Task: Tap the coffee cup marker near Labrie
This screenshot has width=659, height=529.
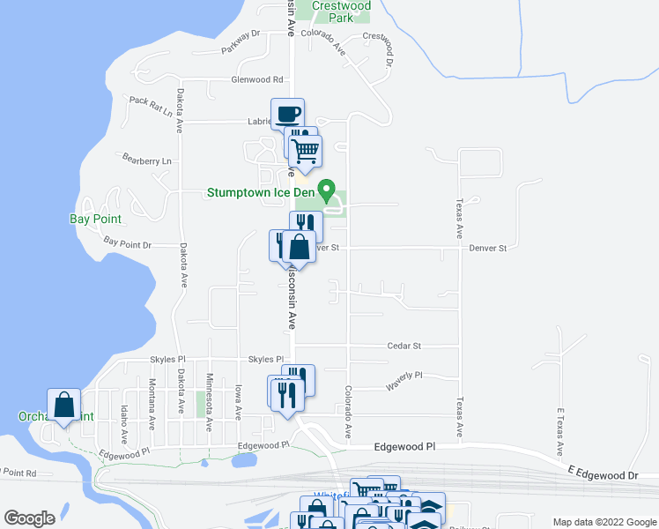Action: tap(287, 114)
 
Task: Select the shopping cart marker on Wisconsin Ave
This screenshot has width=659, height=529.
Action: tap(305, 151)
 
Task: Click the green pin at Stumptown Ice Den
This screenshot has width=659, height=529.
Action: tap(326, 190)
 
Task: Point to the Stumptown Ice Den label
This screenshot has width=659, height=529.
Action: tap(261, 192)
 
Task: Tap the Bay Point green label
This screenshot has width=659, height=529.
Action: tap(95, 218)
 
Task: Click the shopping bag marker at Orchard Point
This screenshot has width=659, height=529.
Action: tap(64, 406)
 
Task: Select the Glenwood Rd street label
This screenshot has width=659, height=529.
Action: tap(256, 79)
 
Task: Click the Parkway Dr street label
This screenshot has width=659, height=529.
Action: tap(241, 42)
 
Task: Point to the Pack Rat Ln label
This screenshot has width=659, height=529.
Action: tap(151, 101)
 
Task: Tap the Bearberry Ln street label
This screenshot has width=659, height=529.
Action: tap(146, 160)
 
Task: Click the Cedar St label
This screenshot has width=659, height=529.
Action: tap(404, 346)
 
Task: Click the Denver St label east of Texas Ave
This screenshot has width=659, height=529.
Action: tap(487, 249)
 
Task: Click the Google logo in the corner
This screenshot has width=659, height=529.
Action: tap(29, 518)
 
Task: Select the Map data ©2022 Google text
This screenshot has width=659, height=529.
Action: tap(604, 522)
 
